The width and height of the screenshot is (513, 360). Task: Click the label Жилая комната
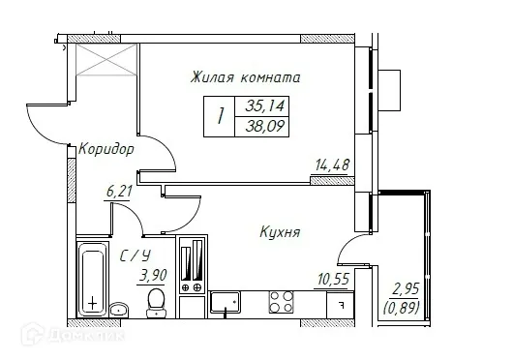[245, 76]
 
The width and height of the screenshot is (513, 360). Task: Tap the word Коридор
[106, 150]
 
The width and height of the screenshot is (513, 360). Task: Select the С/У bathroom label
[135, 256]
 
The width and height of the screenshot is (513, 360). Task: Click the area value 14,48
[332, 165]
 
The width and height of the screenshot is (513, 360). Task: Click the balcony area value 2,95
[405, 286]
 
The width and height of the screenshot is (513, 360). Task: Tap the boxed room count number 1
[222, 116]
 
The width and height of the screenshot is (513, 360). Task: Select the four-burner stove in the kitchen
[281, 302]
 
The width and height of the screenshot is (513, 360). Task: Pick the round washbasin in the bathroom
[118, 310]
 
